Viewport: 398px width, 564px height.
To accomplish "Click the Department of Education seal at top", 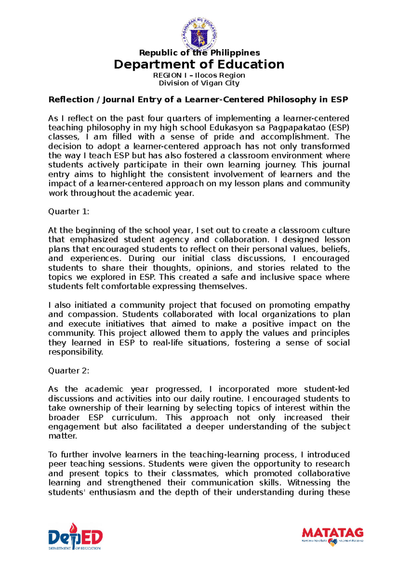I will click(199, 35).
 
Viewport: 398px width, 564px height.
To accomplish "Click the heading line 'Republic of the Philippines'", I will click(199, 53).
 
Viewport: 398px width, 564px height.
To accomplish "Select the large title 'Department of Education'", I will click(199, 64).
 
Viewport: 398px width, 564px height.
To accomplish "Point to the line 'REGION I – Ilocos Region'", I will click(199, 75).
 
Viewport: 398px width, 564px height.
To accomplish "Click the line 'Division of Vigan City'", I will click(199, 83).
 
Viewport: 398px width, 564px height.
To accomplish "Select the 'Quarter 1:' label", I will click(69, 212).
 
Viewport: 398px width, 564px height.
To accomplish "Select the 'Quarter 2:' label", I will click(69, 371).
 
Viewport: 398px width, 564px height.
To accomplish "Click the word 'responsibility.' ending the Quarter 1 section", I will click(76, 352).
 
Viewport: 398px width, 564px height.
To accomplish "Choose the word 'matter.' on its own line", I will click(63, 436).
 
